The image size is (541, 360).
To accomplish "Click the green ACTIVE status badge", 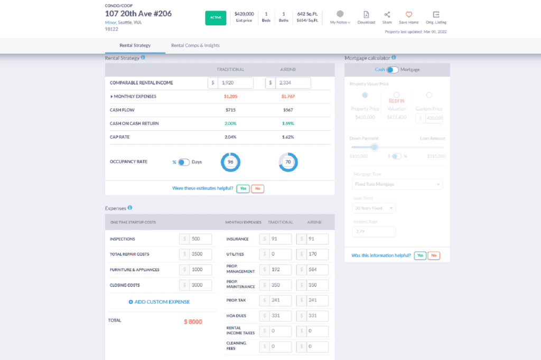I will click(216, 17).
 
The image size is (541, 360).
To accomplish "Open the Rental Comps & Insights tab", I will click(195, 45).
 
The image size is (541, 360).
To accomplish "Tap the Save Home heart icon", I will click(408, 15).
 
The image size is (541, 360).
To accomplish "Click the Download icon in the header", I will click(366, 15).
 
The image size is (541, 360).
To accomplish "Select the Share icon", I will click(387, 15).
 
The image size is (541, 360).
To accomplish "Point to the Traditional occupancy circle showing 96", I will click(230, 162).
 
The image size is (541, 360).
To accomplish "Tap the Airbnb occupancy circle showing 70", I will click(288, 162).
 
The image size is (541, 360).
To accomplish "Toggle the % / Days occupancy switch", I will click(183, 162).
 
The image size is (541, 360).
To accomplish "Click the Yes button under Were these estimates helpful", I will click(242, 188).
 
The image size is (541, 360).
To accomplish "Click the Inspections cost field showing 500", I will click(200, 239).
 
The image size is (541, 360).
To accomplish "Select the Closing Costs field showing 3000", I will click(200, 285).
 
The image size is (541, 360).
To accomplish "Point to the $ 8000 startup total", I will click(193, 321).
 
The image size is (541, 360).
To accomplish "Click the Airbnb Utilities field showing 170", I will click(317, 254).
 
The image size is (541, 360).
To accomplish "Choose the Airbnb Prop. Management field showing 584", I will click(317, 270).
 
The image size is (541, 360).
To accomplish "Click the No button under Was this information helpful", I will click(434, 255).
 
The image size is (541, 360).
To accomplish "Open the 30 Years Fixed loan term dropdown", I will click(374, 208).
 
